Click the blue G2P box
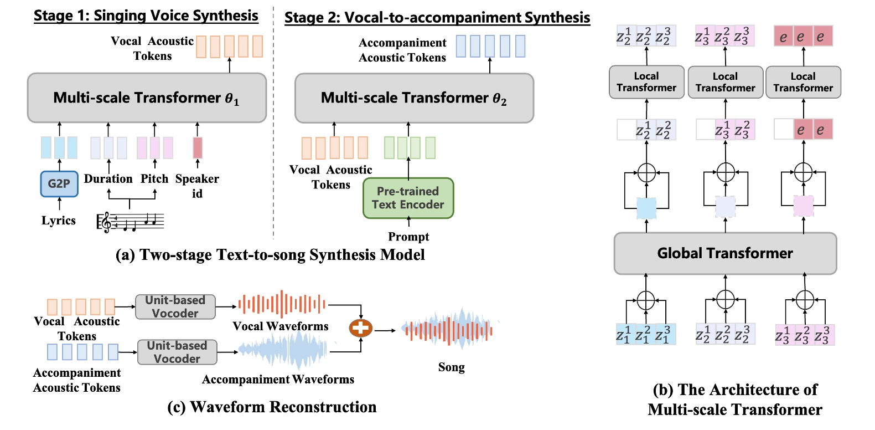[x=59, y=184]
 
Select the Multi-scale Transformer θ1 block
[x=147, y=98]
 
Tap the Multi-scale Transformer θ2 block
[x=414, y=98]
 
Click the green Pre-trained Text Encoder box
[x=408, y=198]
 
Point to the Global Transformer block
[x=725, y=253]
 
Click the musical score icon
[x=131, y=222]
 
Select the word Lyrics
[x=58, y=221]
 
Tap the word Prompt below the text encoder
[x=408, y=237]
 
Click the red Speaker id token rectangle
[x=198, y=148]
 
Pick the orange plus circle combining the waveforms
[x=360, y=328]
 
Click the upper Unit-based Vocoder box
[x=175, y=307]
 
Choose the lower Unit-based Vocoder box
[x=177, y=352]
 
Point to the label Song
[x=451, y=367]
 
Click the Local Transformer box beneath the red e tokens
[x=803, y=83]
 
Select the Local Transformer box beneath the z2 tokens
[x=646, y=83]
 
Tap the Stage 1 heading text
[x=146, y=16]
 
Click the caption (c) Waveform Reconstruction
[x=272, y=407]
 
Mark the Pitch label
[x=154, y=179]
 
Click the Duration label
[x=108, y=179]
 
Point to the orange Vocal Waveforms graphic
[x=282, y=304]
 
